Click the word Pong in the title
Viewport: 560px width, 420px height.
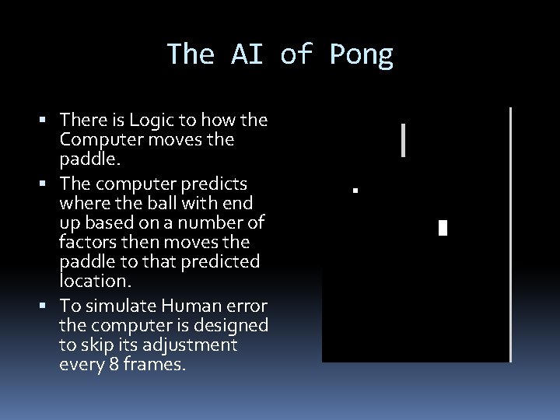[362, 55]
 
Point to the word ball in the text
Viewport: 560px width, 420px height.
[163, 201]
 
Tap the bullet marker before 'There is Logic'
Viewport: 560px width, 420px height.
[49, 121]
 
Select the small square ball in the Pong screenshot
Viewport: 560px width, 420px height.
[354, 190]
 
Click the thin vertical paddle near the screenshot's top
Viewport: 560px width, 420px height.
[403, 141]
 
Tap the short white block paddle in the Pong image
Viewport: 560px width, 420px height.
[443, 228]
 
